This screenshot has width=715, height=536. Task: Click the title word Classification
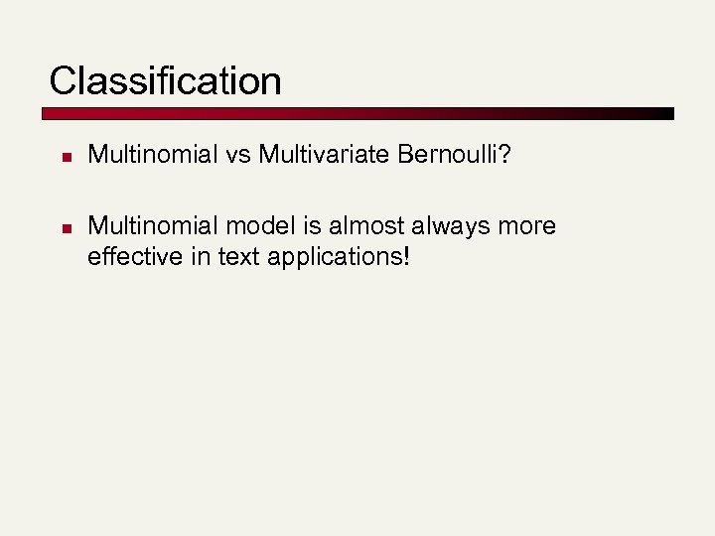click(x=165, y=80)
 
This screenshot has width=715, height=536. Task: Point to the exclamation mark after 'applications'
click(x=405, y=257)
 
